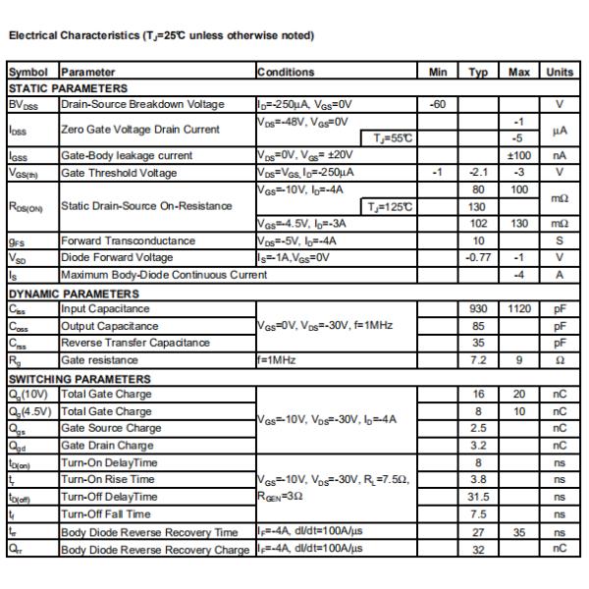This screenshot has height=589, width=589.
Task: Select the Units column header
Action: (559, 72)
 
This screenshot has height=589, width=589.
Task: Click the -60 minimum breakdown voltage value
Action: (439, 104)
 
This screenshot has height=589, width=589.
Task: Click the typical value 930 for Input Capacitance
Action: (479, 309)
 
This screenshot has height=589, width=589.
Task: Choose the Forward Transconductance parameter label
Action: (128, 241)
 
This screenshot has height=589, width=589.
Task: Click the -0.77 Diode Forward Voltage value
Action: (479, 257)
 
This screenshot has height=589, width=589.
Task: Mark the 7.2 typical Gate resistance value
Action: (479, 360)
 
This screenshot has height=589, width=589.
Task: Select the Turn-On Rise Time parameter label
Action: (107, 479)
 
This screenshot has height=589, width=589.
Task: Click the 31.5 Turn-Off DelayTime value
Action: (479, 497)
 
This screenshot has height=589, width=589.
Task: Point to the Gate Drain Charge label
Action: (106, 446)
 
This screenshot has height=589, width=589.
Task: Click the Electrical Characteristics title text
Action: (161, 36)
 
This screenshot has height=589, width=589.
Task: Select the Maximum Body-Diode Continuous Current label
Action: (163, 275)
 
